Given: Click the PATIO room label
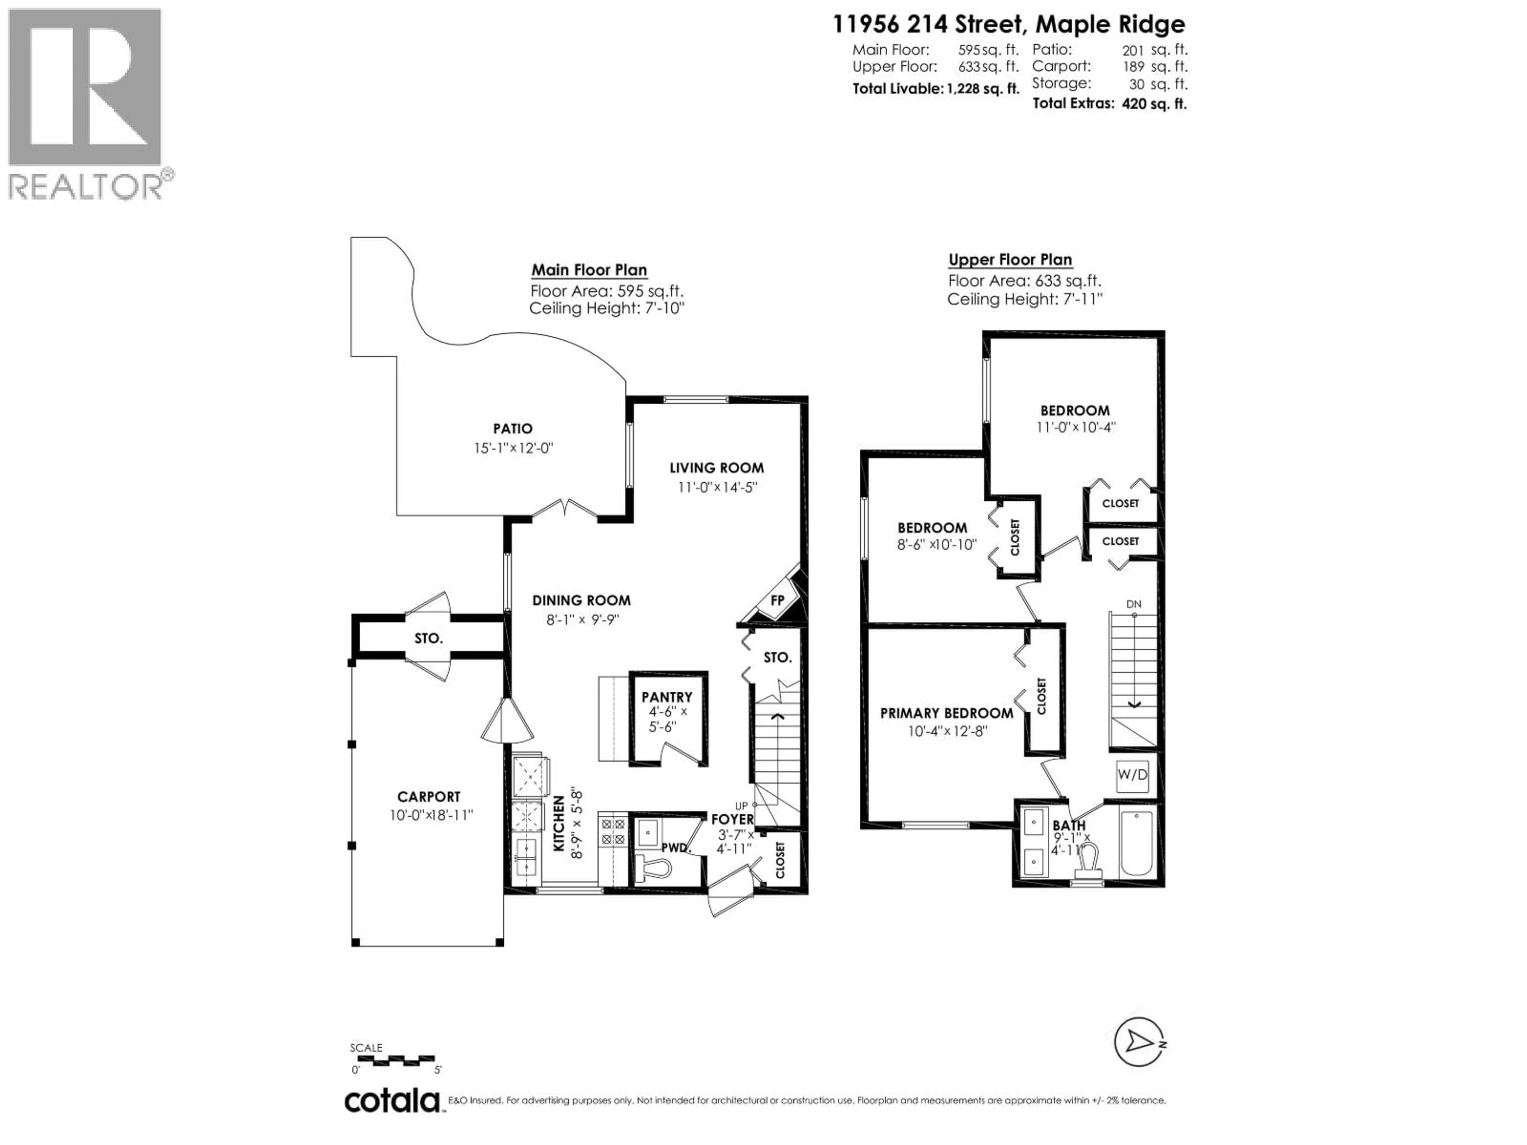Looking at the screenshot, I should [512, 429].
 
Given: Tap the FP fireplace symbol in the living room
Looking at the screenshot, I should [777, 600].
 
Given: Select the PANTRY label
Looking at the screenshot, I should [666, 697].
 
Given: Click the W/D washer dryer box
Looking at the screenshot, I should [1132, 774].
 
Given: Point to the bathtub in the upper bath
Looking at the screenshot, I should [1136, 843].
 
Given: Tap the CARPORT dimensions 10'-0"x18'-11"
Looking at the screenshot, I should [431, 815].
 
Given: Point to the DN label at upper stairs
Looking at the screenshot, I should [1133, 604].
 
